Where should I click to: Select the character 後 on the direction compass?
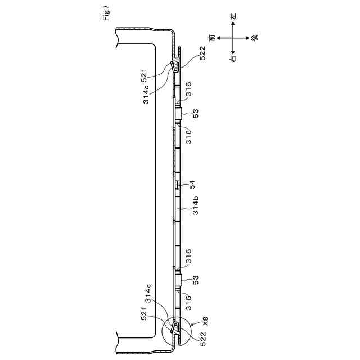coord(254,38)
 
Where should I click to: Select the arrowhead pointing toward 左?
coord(232,25)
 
